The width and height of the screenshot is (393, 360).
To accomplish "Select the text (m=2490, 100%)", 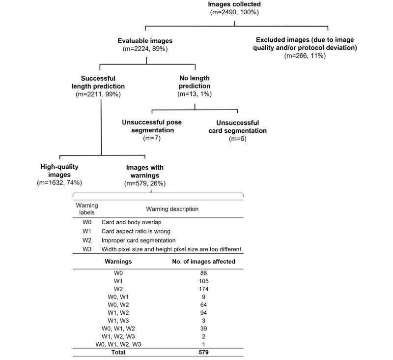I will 237,13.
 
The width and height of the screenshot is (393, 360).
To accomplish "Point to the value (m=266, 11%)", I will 305,56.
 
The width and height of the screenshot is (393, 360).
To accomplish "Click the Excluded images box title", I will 305,44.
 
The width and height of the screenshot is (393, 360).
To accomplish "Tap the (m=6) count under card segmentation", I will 238,139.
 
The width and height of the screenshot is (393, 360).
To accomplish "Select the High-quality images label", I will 59,171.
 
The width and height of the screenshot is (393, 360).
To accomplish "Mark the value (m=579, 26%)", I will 145,183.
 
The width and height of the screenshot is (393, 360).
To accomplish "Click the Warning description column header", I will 171,209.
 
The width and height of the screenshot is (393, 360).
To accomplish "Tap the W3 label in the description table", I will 87,249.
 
